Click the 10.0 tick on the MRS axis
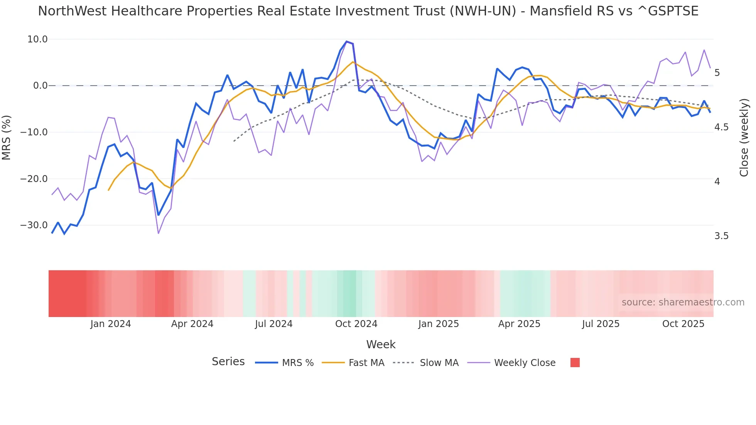tap(37, 39)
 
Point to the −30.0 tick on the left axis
tap(34, 225)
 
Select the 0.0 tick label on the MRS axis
tap(40, 86)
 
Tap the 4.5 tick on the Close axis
tap(721, 127)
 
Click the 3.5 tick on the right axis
tap(721, 236)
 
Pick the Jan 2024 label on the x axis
tap(111, 324)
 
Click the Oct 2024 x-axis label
tap(356, 324)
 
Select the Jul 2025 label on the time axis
tap(601, 324)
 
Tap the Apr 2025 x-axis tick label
tap(519, 324)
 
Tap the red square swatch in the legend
tap(575, 363)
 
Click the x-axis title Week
tap(381, 344)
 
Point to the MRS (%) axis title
tap(7, 137)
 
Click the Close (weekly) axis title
tap(744, 137)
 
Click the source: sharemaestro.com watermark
tap(683, 302)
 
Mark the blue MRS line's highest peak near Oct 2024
tap(346, 42)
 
